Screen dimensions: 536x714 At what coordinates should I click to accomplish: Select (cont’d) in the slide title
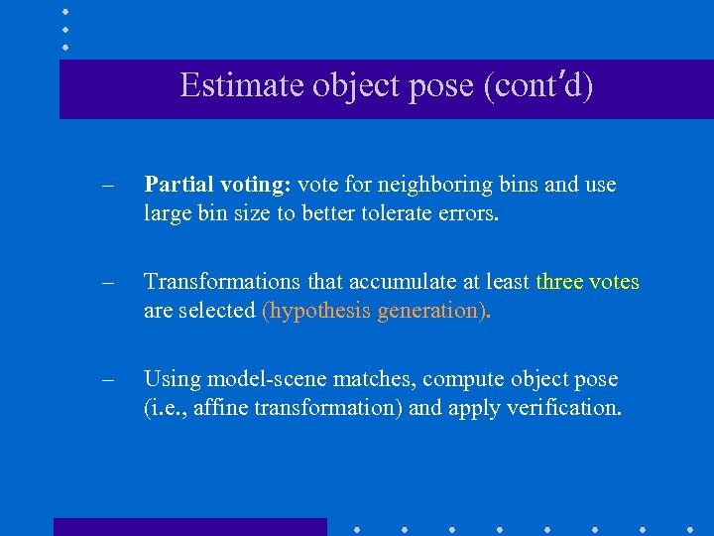(x=537, y=85)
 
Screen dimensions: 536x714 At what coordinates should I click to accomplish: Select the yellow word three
(x=559, y=282)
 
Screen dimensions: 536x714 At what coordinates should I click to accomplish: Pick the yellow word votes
(x=615, y=282)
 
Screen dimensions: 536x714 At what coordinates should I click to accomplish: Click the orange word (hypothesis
(x=314, y=311)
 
